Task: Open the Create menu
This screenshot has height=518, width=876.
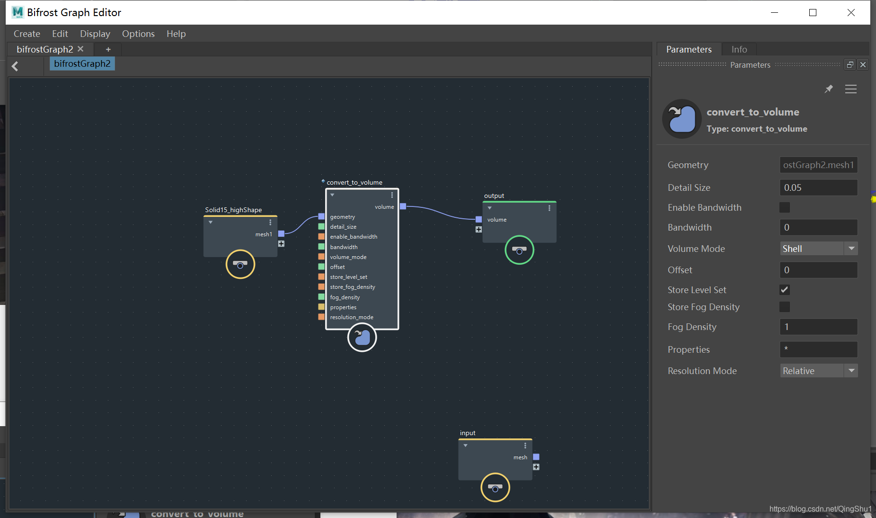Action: pyautogui.click(x=27, y=34)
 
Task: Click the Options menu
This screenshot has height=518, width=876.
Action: pyautogui.click(x=138, y=34)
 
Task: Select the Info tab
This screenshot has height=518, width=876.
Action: pyautogui.click(x=739, y=49)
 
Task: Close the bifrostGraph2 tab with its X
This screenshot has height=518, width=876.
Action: pyautogui.click(x=80, y=49)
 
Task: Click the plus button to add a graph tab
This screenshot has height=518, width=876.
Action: pyautogui.click(x=108, y=49)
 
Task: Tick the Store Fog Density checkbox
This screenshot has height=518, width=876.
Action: pyautogui.click(x=785, y=307)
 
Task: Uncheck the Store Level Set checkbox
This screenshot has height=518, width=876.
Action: pyautogui.click(x=785, y=290)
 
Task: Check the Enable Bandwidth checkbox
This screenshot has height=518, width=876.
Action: pyautogui.click(x=785, y=207)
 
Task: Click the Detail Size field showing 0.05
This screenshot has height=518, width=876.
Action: pyautogui.click(x=818, y=188)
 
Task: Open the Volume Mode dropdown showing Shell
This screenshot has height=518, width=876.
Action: pyautogui.click(x=818, y=249)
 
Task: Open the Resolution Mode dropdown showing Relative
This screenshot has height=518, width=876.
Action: pyautogui.click(x=818, y=371)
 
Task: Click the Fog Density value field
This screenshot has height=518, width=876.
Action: pyautogui.click(x=818, y=327)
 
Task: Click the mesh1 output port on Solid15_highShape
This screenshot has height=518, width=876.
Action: pyautogui.click(x=281, y=233)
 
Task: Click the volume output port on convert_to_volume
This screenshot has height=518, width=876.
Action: pyautogui.click(x=403, y=206)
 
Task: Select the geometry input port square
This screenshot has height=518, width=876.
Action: pyautogui.click(x=321, y=216)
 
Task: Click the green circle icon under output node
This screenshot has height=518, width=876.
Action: pyautogui.click(x=519, y=250)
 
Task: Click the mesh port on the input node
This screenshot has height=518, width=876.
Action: pyautogui.click(x=536, y=457)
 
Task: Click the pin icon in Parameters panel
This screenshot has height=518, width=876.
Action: pyautogui.click(x=828, y=89)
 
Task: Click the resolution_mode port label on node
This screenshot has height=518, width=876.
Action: pyautogui.click(x=352, y=317)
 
